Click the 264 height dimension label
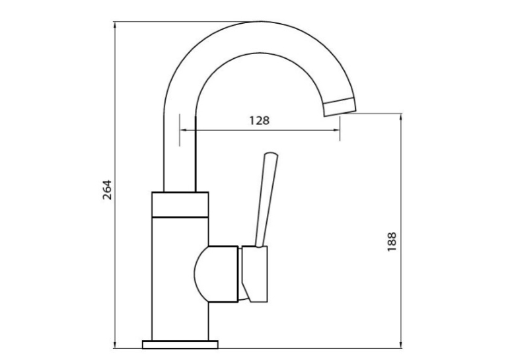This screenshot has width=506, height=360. pyautogui.click(x=107, y=190)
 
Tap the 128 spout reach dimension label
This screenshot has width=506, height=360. pyautogui.click(x=259, y=120)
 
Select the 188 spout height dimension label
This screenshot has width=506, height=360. pyautogui.click(x=392, y=242)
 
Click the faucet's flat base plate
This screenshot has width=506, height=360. pyautogui.click(x=180, y=345)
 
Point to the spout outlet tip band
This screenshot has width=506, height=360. pyautogui.click(x=340, y=106)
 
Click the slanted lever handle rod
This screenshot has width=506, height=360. pyautogui.click(x=267, y=201)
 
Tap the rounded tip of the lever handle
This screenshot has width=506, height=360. pyautogui.click(x=271, y=155)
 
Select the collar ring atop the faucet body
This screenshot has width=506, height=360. pyautogui.click(x=180, y=205)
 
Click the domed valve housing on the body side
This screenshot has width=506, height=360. pyautogui.click(x=216, y=274)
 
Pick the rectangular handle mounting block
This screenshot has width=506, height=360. pyautogui.click(x=254, y=274)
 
